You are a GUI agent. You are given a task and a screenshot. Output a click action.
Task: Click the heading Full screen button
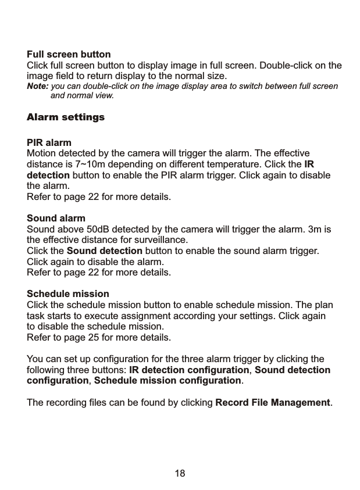point(69,55)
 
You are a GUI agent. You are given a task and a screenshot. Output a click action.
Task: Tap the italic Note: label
point(38,87)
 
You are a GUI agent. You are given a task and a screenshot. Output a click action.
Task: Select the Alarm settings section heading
point(66,117)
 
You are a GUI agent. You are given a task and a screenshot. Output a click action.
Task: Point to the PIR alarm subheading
point(49,142)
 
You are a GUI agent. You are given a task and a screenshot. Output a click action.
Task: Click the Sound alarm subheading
point(56,219)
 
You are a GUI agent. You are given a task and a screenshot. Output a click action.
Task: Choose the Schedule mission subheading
point(68,294)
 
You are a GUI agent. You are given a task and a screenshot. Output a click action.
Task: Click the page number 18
point(180,473)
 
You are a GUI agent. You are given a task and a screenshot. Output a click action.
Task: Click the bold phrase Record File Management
point(272,402)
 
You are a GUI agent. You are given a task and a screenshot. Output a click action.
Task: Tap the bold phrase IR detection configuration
point(189,370)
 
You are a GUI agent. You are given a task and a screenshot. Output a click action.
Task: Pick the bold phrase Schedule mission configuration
point(167,381)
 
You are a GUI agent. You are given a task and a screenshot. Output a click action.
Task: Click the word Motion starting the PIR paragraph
point(42,153)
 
